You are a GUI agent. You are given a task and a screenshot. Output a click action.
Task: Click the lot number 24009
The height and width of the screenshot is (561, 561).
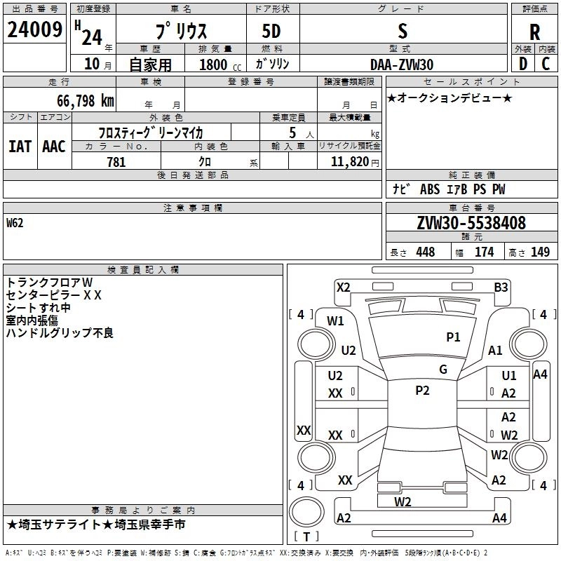click(x=34, y=29)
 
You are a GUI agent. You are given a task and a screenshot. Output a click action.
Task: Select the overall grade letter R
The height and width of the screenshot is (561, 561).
click(x=535, y=32)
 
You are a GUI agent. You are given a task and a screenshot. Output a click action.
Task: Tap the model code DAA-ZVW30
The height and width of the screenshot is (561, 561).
click(x=402, y=64)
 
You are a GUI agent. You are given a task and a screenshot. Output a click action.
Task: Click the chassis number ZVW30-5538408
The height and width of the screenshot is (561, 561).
click(x=471, y=223)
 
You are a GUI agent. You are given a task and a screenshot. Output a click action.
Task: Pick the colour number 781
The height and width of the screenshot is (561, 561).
click(x=116, y=162)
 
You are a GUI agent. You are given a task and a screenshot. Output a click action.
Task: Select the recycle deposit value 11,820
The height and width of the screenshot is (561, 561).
click(x=349, y=162)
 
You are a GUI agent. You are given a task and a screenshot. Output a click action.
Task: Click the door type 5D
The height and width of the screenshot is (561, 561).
click(x=271, y=31)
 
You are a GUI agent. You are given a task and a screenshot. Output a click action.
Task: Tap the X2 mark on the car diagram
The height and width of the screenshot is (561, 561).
click(x=343, y=287)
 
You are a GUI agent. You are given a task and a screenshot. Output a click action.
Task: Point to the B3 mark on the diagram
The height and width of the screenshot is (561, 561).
click(x=501, y=287)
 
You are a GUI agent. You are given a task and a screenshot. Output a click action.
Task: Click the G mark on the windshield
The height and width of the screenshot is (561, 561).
click(x=443, y=370)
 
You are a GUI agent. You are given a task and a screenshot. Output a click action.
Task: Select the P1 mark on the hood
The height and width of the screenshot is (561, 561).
click(x=454, y=337)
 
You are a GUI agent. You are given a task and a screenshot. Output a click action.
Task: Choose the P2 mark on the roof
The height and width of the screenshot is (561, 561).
click(x=422, y=391)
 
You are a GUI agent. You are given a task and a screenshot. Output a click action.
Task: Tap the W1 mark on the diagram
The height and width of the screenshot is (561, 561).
click(x=335, y=321)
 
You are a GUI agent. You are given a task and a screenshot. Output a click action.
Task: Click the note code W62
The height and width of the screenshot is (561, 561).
click(x=15, y=224)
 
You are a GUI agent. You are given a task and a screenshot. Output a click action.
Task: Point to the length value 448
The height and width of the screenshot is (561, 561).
click(x=425, y=252)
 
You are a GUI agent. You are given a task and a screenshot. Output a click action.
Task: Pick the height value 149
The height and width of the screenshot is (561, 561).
click(x=540, y=252)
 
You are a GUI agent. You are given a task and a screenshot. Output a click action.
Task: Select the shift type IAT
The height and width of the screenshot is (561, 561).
click(x=19, y=146)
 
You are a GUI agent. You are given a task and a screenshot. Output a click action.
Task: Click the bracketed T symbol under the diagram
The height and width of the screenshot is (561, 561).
click(x=306, y=537)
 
